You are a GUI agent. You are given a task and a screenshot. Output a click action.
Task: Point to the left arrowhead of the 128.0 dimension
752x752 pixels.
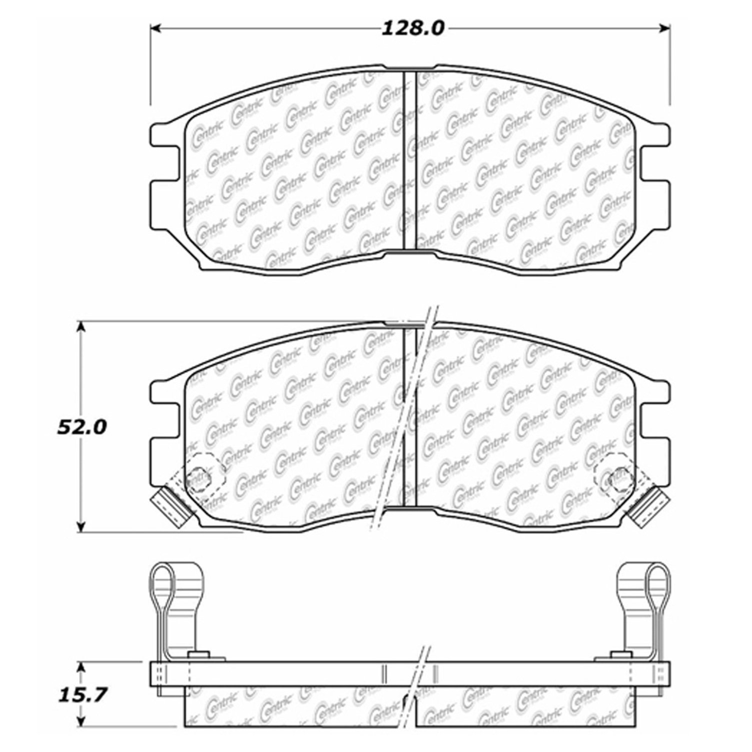[155, 28]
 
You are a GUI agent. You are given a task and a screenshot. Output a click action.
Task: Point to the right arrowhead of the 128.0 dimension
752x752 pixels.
[664, 28]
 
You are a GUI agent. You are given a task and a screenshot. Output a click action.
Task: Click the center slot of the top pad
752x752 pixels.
[410, 160]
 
